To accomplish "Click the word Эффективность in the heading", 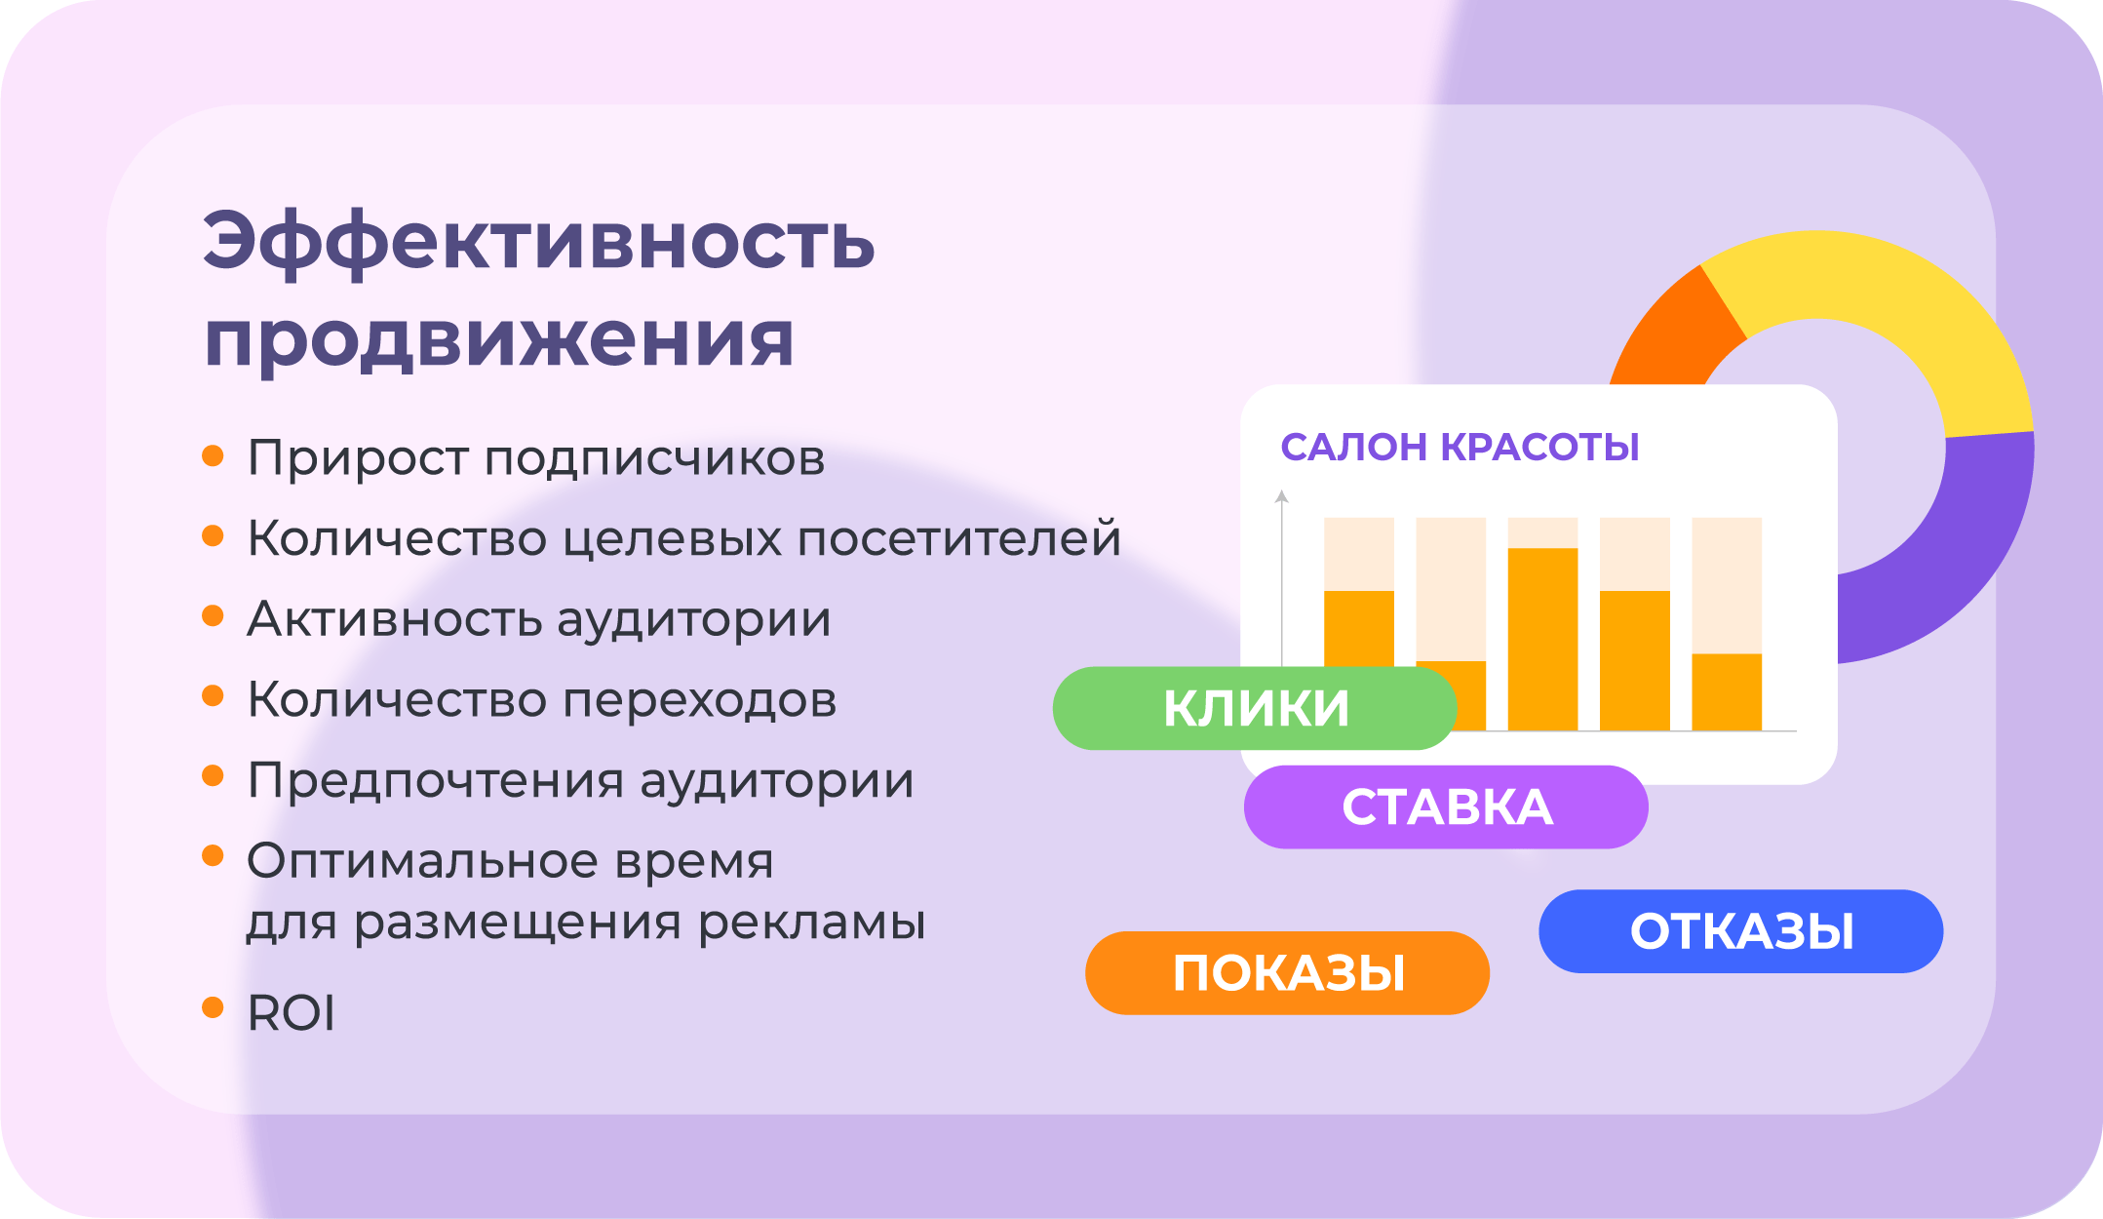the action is tap(538, 243).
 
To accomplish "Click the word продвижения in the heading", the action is tap(499, 341).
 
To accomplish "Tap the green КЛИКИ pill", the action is tap(1255, 708).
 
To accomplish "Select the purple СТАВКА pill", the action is tap(1446, 807).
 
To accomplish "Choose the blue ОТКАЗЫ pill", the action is tap(1741, 931).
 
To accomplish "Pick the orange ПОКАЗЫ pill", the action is tap(1287, 973).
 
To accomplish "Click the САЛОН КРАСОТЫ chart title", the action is tap(1460, 447).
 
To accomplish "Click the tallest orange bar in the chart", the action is tap(1542, 639).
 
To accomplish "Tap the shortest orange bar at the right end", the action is tap(1727, 691).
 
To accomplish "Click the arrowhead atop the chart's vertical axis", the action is tap(1282, 496).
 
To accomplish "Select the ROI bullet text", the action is tap(292, 1012).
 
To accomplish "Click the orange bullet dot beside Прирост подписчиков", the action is tap(213, 455).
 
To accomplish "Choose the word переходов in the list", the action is tap(699, 700).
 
